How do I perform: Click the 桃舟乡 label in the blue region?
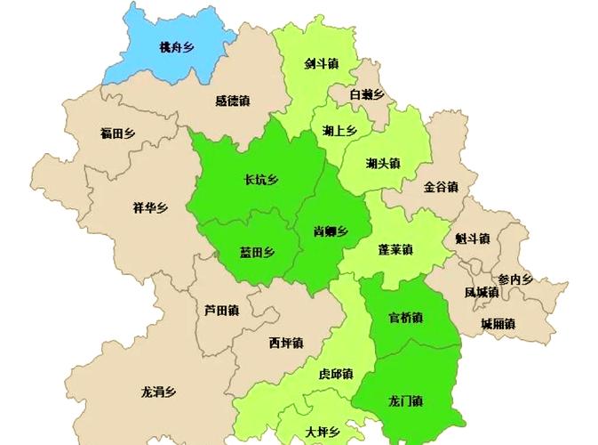(176, 47)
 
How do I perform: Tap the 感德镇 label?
(233, 101)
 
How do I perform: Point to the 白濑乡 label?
(366, 93)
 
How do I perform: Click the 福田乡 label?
(117, 133)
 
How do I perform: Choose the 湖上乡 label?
(339, 131)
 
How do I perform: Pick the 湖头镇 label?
(383, 163)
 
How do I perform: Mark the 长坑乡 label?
(260, 180)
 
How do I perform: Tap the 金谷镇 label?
(440, 187)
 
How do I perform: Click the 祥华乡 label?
(150, 208)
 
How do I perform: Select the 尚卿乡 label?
(330, 231)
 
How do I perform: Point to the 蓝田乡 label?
(257, 252)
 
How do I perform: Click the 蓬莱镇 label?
(395, 248)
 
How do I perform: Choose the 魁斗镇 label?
(472, 239)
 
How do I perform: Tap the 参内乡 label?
(514, 279)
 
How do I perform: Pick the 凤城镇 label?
(482, 292)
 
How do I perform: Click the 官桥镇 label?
(405, 317)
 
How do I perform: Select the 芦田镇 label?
(221, 311)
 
